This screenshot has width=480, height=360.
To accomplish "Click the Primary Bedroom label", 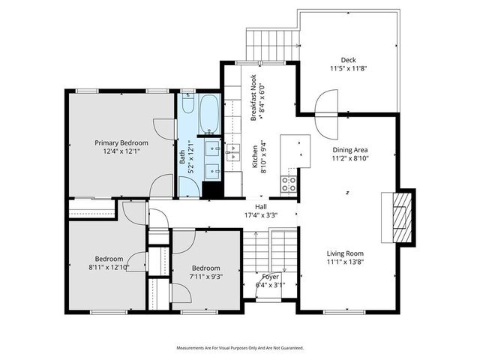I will pos(121,142).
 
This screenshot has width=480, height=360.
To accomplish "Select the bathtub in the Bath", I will pos(208,112).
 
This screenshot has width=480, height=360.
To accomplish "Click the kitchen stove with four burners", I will pos(289,181).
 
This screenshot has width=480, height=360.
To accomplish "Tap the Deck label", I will pos(348,60).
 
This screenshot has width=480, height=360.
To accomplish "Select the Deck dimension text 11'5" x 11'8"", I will pos(348,68).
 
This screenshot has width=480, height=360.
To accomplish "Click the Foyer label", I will pos(270,277).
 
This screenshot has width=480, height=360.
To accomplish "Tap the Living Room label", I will pos(345,253).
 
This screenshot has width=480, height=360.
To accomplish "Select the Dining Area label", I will pos(350,150).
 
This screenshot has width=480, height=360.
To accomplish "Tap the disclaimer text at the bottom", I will pos(240,348).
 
